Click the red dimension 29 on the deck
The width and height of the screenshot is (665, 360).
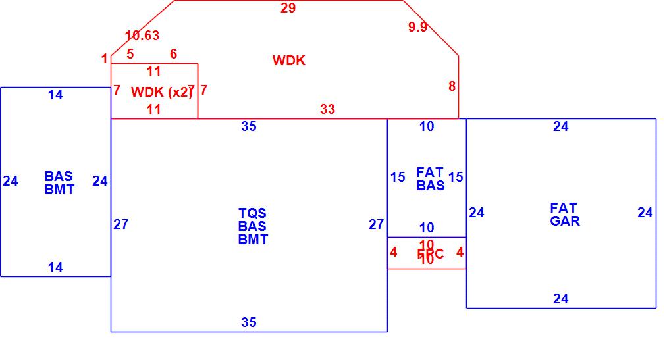pos(288,9)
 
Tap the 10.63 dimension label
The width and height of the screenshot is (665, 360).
pos(142,36)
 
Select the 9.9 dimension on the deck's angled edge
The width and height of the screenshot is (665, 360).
pos(417,27)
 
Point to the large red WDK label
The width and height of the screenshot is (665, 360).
pos(289,61)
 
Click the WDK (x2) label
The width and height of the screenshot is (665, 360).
pos(161,92)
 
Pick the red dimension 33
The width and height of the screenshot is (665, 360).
pos(327,109)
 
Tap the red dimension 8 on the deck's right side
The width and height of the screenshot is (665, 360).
pos(452,86)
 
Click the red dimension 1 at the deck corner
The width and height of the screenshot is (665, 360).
pos(104,59)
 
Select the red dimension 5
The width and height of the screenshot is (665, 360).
pos(130,54)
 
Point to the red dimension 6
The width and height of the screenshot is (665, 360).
pos(173,54)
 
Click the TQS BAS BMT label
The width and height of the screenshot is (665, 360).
pos(253,226)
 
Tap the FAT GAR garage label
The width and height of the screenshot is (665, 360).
pos(564,215)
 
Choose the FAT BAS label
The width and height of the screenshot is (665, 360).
pos(430,179)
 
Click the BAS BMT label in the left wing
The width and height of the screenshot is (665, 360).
pos(59,183)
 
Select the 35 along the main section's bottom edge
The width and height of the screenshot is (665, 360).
pos(248,322)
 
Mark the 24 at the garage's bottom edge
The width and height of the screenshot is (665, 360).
pos(560,299)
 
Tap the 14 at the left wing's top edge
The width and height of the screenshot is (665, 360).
pos(55,95)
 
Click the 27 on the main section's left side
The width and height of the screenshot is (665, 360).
pos(120,224)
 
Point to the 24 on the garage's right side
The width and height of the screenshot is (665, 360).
pos(645,213)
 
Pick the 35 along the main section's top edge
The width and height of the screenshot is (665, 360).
pos(248,126)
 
